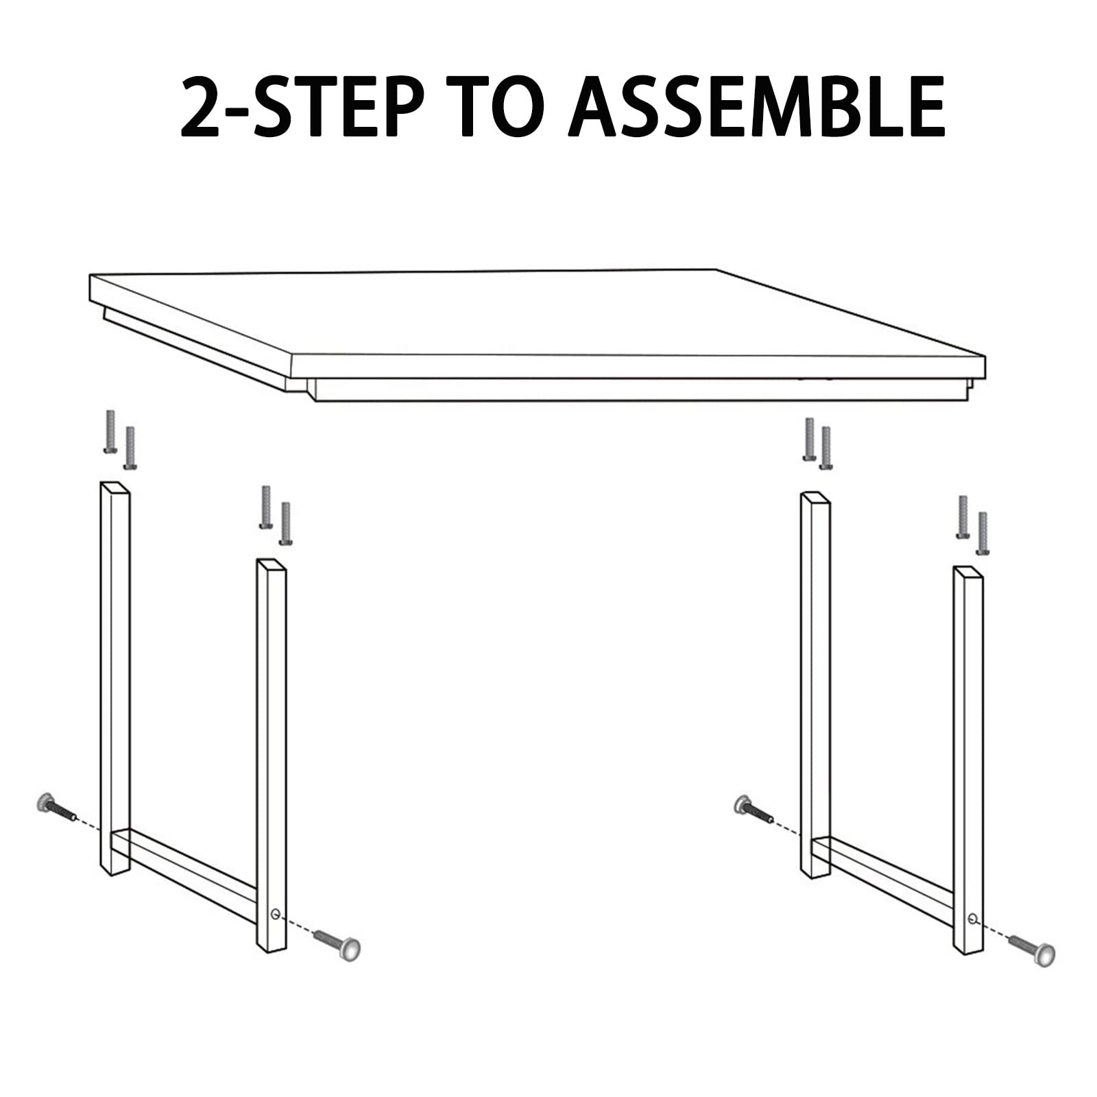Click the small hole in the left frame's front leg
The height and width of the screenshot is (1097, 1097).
coord(275,913)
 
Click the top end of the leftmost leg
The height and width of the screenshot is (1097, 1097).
coord(114,488)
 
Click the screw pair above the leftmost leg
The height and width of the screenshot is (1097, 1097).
coord(119,440)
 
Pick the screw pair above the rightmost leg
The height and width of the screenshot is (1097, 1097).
coord(972,525)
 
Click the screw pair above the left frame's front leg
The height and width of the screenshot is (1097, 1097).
coord(276,516)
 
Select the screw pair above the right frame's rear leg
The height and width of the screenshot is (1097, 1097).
coord(817,444)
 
